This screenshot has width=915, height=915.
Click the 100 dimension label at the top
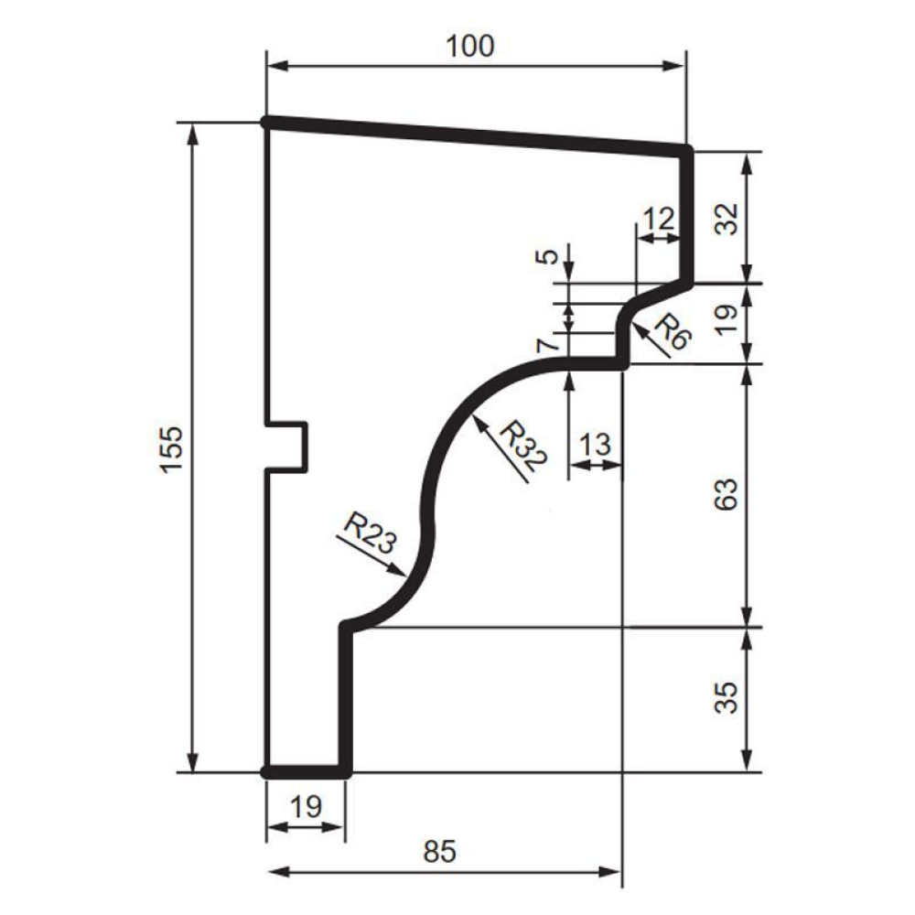469,46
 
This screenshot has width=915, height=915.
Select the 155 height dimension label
172,449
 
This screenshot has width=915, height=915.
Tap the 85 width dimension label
439,851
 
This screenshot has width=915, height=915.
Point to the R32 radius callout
524,447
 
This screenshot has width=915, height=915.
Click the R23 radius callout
370,533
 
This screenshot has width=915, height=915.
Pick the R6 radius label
673,331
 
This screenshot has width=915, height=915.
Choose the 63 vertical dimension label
727,495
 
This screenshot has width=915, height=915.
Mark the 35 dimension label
727,698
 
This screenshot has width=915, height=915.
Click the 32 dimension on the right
727,219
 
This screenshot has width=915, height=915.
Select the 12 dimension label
658,220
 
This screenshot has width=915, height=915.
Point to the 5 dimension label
547,256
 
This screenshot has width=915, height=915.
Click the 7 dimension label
547,347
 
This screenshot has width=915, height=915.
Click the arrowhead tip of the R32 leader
473,415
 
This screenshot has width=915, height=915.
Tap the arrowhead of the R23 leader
405,576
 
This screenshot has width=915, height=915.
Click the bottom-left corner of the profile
265,772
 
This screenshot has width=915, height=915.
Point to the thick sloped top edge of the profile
476,137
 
